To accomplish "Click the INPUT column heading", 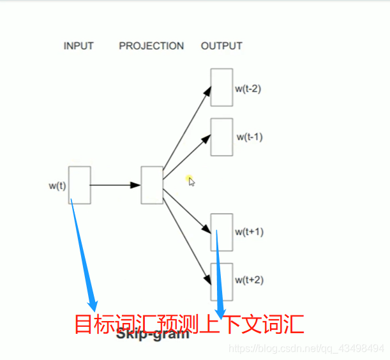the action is (x=79, y=46).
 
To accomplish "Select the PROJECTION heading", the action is (x=151, y=46).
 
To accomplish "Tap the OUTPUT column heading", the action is (x=221, y=46).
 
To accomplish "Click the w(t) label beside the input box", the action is (x=57, y=186).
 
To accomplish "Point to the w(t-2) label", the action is (x=248, y=89).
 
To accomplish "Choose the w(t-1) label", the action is (x=250, y=137).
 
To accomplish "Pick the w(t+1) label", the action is (x=249, y=232).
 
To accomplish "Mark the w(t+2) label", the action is (x=249, y=280).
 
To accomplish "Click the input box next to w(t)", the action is (x=80, y=185).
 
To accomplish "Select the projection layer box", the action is (x=152, y=185).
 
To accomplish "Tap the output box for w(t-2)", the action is (x=221, y=87).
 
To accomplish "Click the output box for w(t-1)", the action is (x=221, y=137).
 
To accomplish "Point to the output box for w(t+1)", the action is (x=221, y=232).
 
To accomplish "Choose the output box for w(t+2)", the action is (x=221, y=281).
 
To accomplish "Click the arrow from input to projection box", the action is (x=116, y=185).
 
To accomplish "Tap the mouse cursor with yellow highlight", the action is (x=190, y=181).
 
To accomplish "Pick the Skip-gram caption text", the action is (x=153, y=334).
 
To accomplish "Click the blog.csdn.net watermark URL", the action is (x=306, y=349).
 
